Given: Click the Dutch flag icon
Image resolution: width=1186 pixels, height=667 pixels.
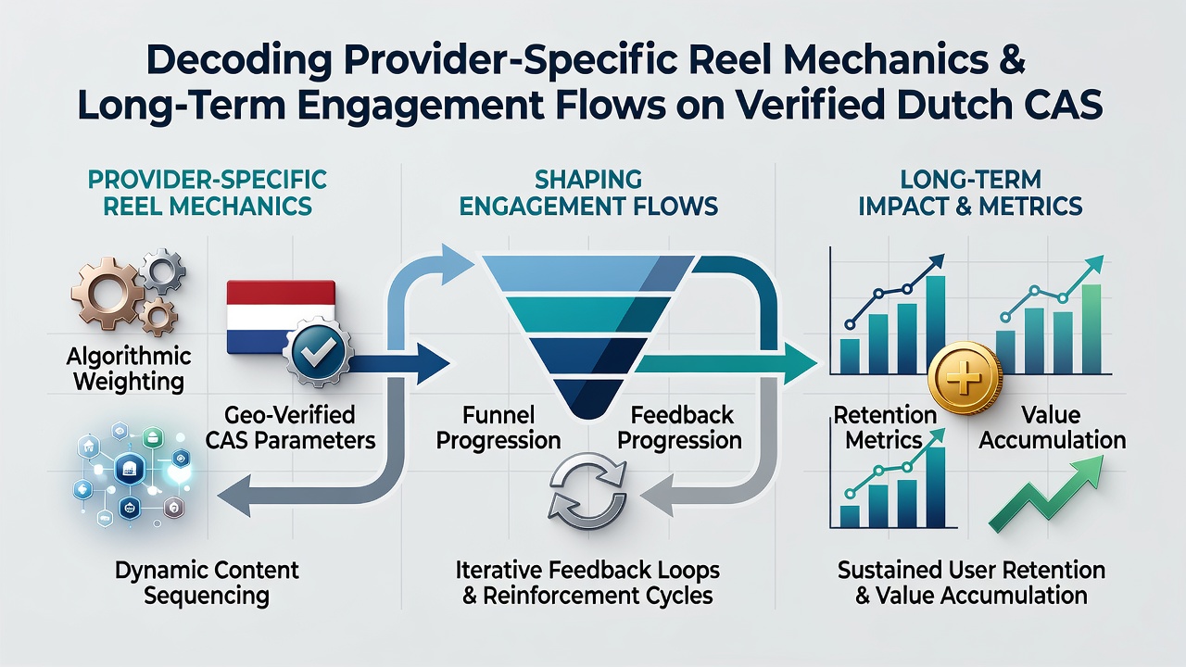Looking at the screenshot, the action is coord(281,317).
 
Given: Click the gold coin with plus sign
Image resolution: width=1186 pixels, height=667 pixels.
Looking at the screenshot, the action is coord(965,378).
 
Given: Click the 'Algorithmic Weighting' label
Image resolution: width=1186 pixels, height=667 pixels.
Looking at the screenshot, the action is coord(129,369).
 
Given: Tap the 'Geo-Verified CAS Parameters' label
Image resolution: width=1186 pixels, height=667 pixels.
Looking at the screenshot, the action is coord(290,428).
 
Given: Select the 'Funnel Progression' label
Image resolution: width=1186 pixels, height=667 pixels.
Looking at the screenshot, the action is coord(498,428).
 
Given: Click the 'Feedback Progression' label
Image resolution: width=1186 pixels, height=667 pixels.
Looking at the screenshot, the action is coord(680,428).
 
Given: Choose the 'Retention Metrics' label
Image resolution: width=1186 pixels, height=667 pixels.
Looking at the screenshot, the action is coord(884,428).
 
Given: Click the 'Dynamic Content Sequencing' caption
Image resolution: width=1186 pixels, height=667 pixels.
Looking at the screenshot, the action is coord(207,583).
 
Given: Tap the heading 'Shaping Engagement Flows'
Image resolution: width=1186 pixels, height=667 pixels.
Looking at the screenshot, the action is coord(588,194).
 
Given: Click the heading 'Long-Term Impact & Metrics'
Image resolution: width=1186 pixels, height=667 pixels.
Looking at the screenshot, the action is coord(970,194).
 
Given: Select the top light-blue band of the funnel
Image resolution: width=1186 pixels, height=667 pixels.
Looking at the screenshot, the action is coord(587,273).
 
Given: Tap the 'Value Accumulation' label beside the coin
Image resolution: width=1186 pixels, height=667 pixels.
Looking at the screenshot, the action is coord(1052,428).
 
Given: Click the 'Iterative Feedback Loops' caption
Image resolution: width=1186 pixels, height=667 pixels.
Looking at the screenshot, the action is coord(587,571).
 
